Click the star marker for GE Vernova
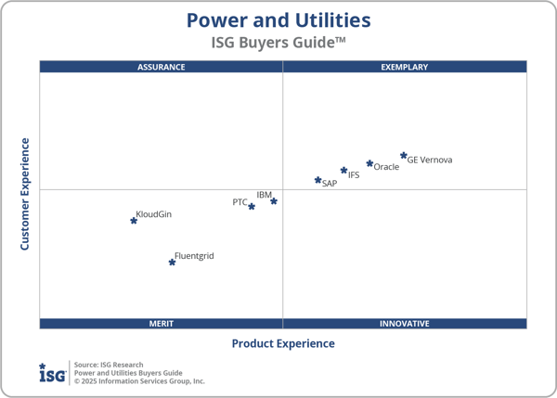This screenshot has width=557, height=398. click(404, 156)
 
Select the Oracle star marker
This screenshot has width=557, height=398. click(369, 163)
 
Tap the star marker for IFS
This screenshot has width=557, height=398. click(343, 171)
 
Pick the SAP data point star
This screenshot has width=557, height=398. click(317, 180)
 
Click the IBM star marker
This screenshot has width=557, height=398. click(274, 201)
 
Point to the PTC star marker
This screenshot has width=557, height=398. click(252, 206)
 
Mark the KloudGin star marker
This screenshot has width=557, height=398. click(134, 220)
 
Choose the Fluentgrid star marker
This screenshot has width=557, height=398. click(172, 262)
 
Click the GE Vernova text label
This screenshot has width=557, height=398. click(431, 160)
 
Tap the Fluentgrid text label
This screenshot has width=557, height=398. click(194, 256)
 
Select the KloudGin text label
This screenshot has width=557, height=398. click(154, 214)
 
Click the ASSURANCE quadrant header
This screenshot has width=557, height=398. click(162, 67)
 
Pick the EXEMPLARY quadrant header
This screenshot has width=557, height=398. click(405, 67)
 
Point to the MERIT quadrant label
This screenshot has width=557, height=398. click(162, 324)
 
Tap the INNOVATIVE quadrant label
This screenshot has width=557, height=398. click(405, 324)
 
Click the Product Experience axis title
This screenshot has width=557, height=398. click(283, 343)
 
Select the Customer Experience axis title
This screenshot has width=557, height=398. click(25, 194)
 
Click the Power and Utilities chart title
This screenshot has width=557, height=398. click(278, 20)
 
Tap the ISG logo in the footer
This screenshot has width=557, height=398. click(52, 373)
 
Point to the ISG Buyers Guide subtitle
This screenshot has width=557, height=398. click(278, 43)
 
